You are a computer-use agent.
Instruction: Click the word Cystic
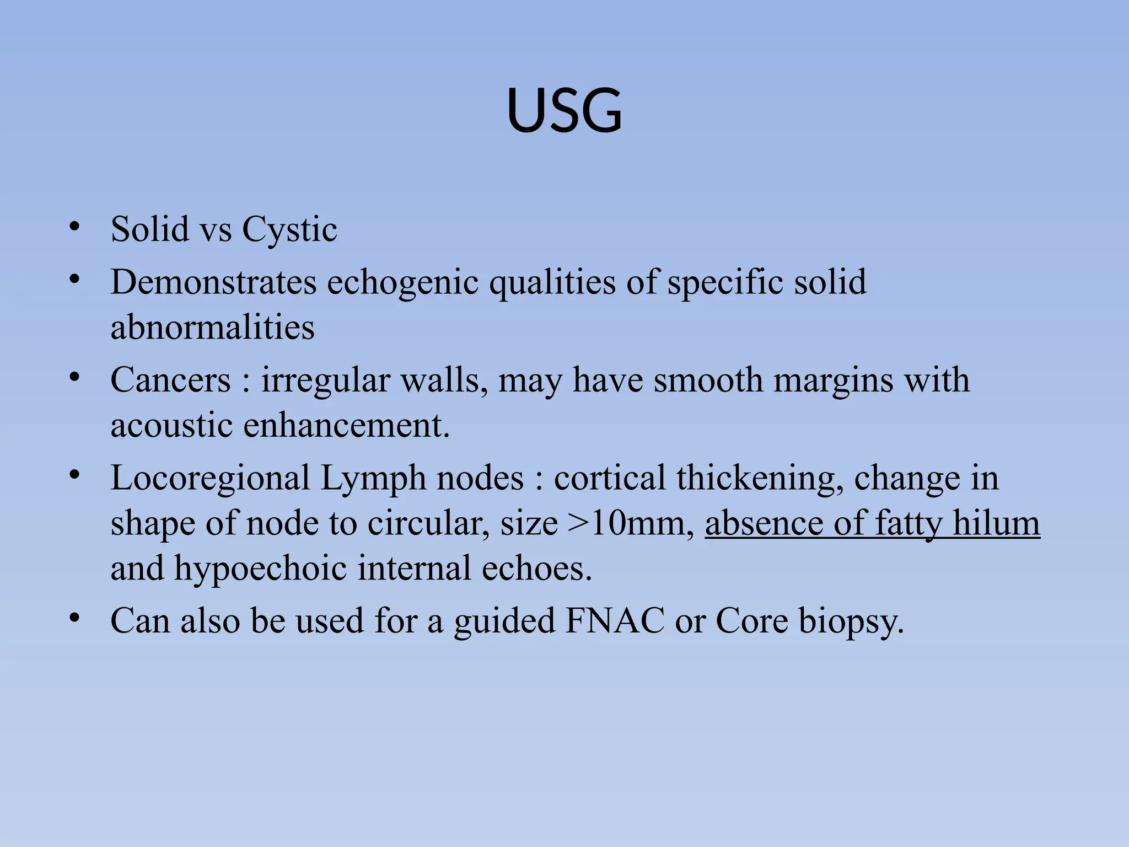tap(289, 229)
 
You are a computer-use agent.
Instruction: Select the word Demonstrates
tap(213, 282)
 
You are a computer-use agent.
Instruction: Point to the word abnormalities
tap(212, 327)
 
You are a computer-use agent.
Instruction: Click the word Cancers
tap(170, 380)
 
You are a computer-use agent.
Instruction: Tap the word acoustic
tap(171, 425)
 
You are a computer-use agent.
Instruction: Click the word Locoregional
tap(210, 478)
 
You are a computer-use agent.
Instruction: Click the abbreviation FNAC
tap(615, 621)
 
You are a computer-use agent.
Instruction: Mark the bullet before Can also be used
tap(75, 618)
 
